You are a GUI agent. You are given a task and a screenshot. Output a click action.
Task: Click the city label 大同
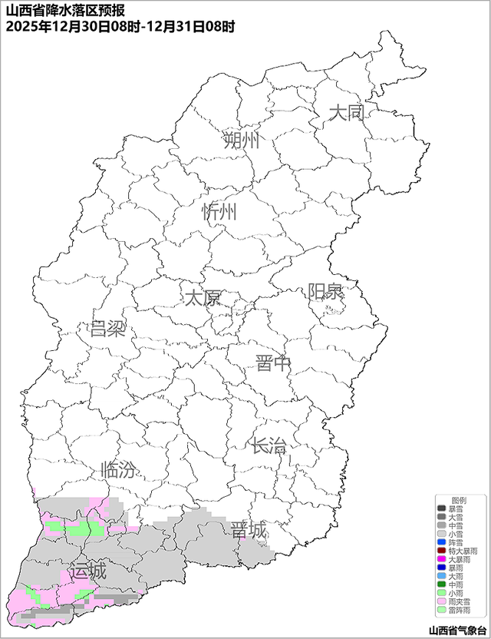click(x=346, y=114)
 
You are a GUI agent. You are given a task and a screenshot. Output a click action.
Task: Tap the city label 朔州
click(x=242, y=141)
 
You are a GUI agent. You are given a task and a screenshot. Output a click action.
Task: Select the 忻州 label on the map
click(x=219, y=213)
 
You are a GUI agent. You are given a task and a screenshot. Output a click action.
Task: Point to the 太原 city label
click(x=202, y=297)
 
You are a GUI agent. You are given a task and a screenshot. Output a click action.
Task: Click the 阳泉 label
click(x=326, y=292)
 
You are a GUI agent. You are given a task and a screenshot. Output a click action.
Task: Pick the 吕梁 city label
click(x=107, y=329)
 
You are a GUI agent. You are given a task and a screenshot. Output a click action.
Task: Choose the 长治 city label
click(x=268, y=445)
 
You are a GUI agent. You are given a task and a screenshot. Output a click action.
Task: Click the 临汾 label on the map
click(x=118, y=470)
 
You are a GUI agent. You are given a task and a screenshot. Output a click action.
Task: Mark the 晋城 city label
click(x=249, y=530)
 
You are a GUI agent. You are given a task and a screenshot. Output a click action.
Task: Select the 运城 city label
click(x=87, y=572)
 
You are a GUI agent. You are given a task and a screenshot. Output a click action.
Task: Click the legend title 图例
click(x=458, y=500)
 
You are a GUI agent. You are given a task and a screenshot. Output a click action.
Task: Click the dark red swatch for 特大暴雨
click(x=441, y=551)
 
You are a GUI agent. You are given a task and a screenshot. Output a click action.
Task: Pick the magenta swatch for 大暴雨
click(x=441, y=559)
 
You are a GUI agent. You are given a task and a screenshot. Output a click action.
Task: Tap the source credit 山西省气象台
click(x=457, y=631)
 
